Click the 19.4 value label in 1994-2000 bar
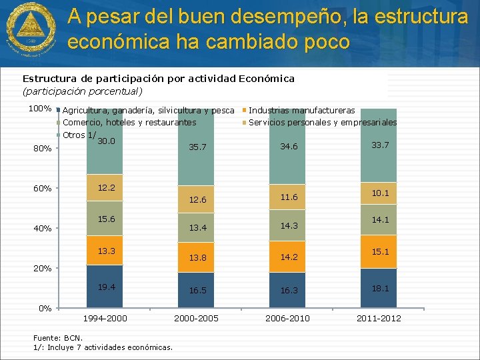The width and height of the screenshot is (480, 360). [106, 287]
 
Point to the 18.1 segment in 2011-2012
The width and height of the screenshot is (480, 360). [379, 288]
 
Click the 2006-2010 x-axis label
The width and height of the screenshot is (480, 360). [287, 318]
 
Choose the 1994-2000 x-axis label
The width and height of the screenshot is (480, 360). [105, 318]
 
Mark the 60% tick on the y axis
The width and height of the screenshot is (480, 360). [43, 189]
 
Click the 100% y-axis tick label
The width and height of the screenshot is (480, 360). [39, 109]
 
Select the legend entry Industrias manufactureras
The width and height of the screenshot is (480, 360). [301, 110]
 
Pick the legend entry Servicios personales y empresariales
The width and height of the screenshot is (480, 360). [323, 123]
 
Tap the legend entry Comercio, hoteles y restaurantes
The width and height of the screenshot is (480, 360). [129, 123]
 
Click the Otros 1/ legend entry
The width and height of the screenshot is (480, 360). [74, 135]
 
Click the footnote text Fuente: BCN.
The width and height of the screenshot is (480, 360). [57, 337]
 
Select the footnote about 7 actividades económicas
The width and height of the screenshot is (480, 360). [102, 347]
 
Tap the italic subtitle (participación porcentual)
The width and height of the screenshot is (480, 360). [83, 91]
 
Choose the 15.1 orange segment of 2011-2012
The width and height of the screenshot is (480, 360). [379, 252]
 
